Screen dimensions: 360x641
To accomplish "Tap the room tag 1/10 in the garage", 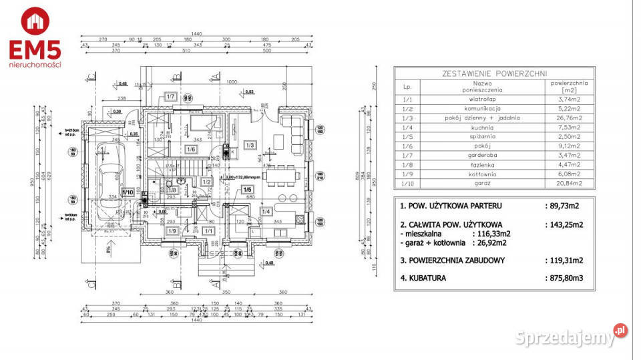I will [x=127, y=193].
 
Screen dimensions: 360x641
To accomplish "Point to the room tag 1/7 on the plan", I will [x=170, y=96].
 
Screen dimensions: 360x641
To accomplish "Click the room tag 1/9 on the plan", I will [x=172, y=231].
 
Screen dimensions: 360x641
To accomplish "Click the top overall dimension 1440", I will [x=196, y=33].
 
